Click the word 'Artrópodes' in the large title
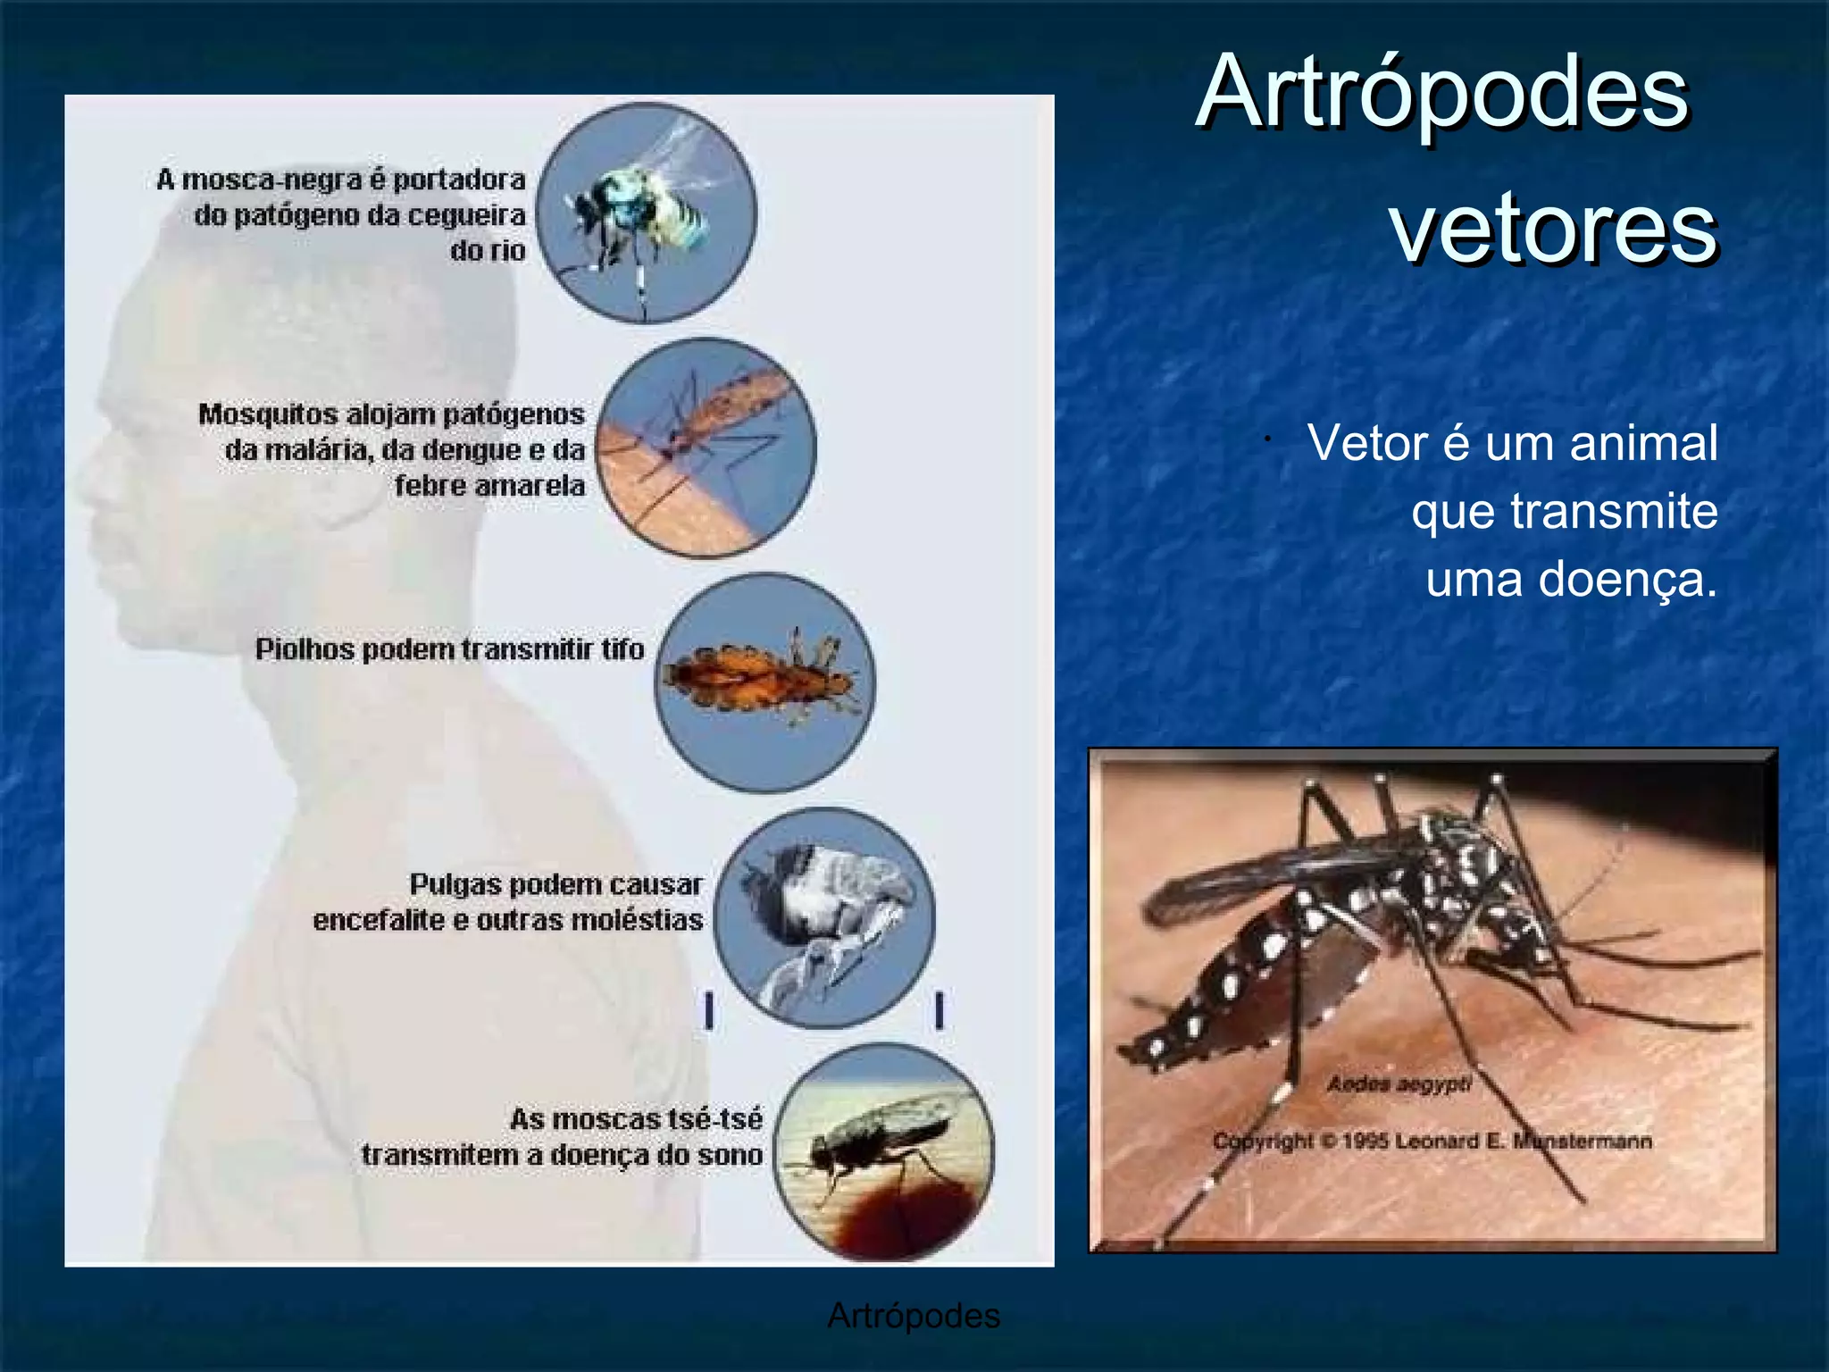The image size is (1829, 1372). [x=1441, y=93]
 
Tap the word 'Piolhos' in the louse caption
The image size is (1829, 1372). [x=305, y=649]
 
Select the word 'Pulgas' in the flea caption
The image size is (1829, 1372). [x=455, y=884]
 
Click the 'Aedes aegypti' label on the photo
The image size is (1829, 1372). [x=1399, y=1084]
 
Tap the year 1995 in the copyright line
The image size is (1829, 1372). [x=1364, y=1142]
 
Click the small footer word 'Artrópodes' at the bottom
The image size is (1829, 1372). [x=914, y=1316]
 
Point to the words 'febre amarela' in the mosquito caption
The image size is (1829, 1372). [x=489, y=486]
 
